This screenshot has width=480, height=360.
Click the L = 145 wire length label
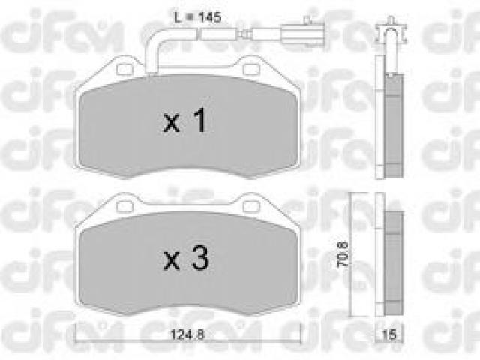pos(197,17)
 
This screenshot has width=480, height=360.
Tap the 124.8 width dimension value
pos(187,334)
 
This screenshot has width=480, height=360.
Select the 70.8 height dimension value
pos(343,253)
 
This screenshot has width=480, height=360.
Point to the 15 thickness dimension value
pos(389,334)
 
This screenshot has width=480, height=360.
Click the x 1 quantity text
pos(185,121)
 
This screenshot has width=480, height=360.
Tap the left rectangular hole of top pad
pos(125,70)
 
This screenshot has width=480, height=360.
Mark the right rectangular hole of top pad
pos(251,70)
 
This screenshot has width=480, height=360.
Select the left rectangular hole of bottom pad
pos(125,207)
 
